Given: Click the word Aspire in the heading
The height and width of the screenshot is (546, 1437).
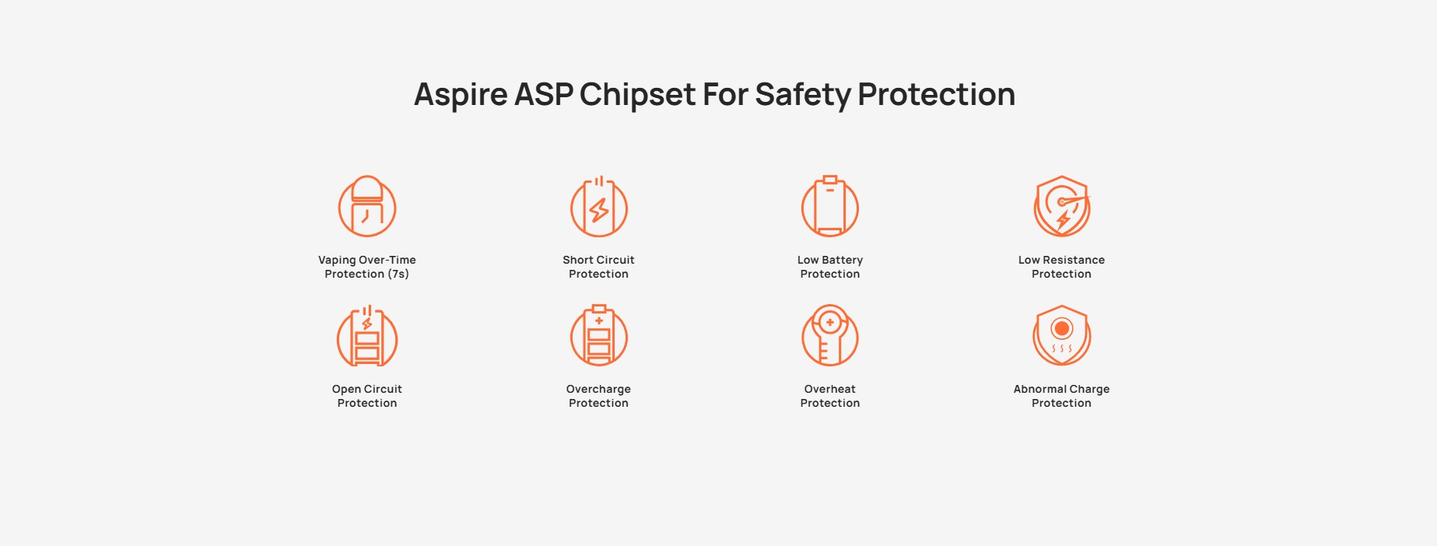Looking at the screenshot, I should point(461,95).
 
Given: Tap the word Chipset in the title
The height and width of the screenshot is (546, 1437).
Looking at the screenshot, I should point(637,95).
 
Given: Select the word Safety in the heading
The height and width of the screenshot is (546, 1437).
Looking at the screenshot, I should point(803,95).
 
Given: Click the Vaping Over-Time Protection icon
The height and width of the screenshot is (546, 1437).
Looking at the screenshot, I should point(367,207).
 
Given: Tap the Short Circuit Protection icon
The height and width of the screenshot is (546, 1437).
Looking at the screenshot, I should point(598,207).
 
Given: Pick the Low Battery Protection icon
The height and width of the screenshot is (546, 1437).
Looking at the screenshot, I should point(830,207).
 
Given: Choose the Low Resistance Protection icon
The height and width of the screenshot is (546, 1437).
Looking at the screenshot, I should point(1062,207).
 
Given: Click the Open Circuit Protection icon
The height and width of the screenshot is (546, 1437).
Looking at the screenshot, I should point(367,336).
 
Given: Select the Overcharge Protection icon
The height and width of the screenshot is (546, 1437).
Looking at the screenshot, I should point(598,336).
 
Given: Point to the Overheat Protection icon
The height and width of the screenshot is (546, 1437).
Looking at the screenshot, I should point(830,336).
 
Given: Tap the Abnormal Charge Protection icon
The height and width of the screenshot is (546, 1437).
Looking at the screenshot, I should point(1062,336).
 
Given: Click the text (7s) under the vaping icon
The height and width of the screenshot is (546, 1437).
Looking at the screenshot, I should point(398,275).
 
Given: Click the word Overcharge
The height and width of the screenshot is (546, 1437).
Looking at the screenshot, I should point(598,389).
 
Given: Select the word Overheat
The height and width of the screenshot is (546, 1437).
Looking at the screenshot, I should point(830,389).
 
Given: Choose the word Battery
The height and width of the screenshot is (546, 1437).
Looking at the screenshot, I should point(843,260).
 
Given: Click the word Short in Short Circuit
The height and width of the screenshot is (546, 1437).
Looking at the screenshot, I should point(578,260).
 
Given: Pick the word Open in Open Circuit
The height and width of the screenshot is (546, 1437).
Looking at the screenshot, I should point(346,389).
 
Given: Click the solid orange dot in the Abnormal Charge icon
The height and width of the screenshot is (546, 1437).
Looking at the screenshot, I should point(1062,328).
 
